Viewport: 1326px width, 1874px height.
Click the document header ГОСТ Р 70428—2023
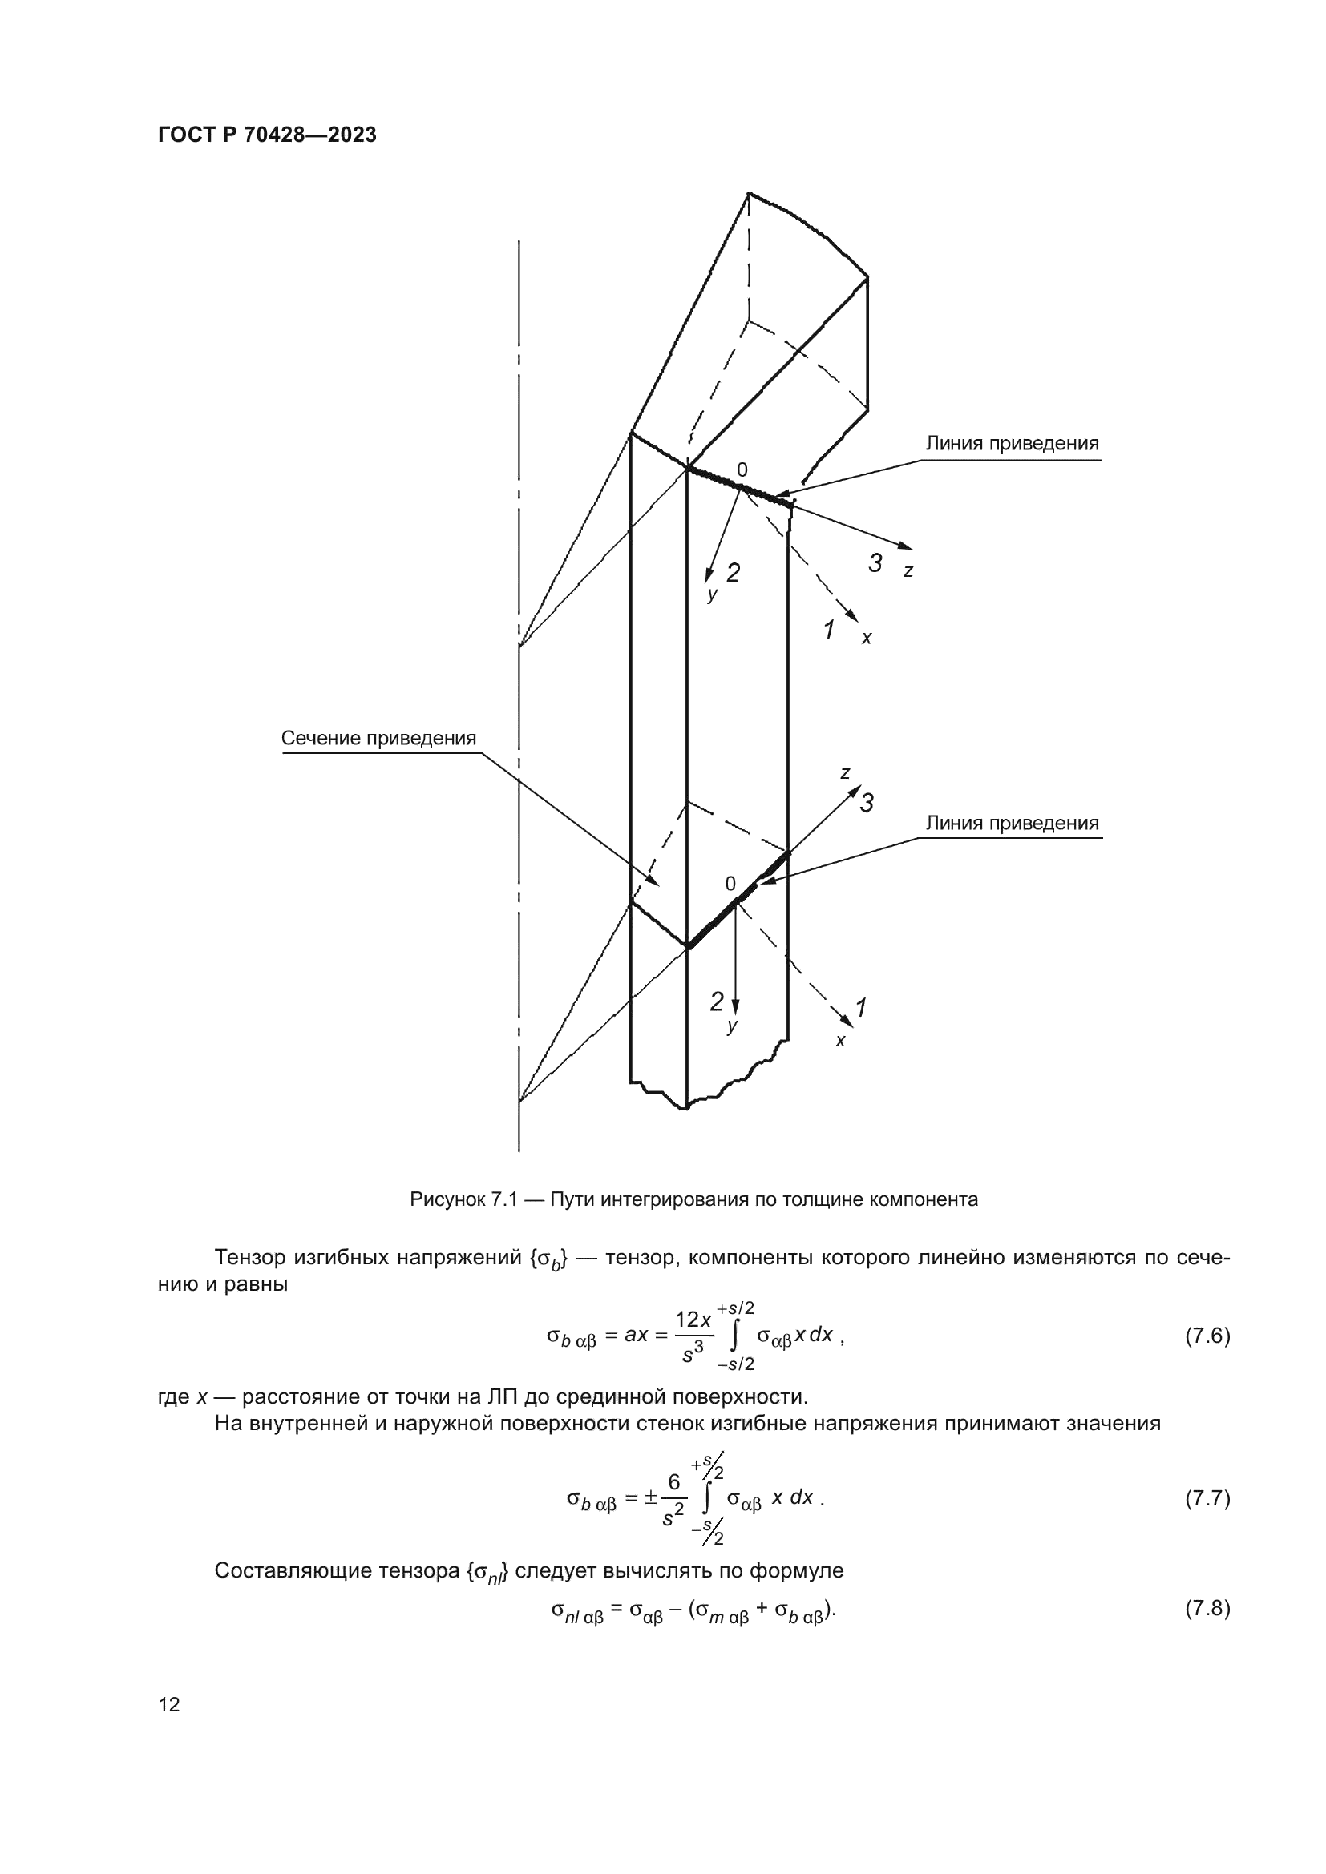(267, 135)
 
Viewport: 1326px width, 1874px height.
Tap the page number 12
(169, 1704)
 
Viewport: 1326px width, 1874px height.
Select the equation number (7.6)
(1207, 1336)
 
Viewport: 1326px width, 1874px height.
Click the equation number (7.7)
(1207, 1498)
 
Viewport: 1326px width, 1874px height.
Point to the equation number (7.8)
(1207, 1608)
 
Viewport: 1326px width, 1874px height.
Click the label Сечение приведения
(378, 739)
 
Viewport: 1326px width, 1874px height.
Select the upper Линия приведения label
(1012, 444)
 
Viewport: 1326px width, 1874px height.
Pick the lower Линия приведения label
(1012, 824)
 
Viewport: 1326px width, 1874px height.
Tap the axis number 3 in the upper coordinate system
(875, 563)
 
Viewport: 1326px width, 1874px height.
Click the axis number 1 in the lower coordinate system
(860, 1008)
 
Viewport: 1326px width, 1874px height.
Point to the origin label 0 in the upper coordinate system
(742, 470)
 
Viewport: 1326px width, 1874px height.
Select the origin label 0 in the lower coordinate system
(731, 884)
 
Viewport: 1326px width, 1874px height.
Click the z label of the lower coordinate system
(845, 773)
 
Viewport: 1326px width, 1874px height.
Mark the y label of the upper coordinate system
(713, 594)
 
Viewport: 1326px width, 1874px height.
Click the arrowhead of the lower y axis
(735, 1007)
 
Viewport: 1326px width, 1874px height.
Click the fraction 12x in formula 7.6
(693, 1320)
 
